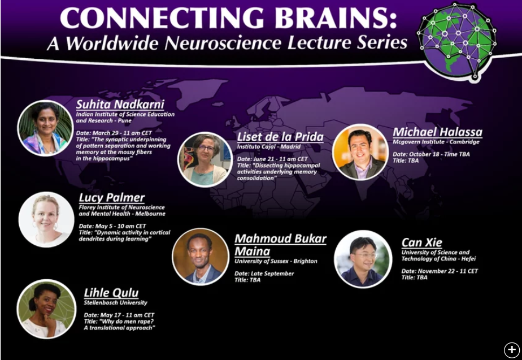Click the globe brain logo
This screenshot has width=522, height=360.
click(x=456, y=41)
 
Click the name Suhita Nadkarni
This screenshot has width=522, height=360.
click(x=120, y=104)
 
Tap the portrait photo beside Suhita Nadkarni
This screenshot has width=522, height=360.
click(x=45, y=128)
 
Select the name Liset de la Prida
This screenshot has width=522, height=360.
click(x=280, y=137)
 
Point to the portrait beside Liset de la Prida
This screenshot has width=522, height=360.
click(x=205, y=159)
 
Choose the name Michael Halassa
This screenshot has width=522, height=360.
click(x=437, y=132)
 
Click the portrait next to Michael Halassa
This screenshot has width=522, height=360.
click(x=360, y=152)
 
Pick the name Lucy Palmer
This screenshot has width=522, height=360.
click(x=112, y=197)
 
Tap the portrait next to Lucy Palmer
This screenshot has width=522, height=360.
click(x=46, y=219)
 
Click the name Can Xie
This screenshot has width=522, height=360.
click(x=422, y=242)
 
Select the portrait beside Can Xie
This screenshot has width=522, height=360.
click(x=363, y=259)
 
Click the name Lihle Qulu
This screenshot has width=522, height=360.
click(x=111, y=293)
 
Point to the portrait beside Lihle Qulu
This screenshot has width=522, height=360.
click(x=46, y=309)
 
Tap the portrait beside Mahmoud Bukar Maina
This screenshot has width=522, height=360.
click(x=201, y=257)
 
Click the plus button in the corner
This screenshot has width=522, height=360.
click(x=511, y=350)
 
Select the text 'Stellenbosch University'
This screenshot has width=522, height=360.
click(x=115, y=303)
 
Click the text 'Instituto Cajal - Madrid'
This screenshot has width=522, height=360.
click(x=269, y=146)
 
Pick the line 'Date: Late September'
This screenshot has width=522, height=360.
click(x=264, y=274)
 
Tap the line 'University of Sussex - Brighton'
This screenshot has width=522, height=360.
click(x=276, y=261)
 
